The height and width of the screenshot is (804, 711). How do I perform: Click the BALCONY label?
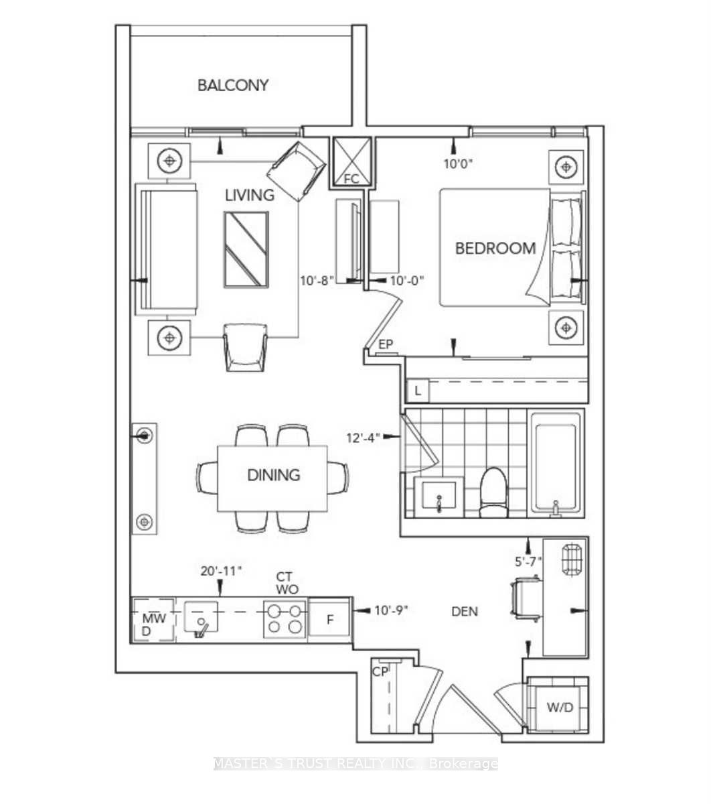(233, 85)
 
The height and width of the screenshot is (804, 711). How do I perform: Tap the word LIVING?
(249, 195)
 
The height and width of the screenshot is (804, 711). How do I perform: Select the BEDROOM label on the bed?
(495, 249)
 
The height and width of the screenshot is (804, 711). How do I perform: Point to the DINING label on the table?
(273, 475)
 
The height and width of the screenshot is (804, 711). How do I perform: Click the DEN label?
(465, 611)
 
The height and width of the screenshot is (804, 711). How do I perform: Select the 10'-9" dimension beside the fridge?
(391, 610)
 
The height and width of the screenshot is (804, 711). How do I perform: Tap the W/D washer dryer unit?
(560, 708)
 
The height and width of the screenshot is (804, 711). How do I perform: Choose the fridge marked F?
(329, 618)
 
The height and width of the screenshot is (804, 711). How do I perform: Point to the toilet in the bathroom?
(495, 492)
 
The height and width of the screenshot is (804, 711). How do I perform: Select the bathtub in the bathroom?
(555, 462)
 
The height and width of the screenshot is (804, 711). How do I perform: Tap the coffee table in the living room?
(246, 250)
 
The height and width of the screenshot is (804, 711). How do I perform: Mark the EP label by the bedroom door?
(386, 345)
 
